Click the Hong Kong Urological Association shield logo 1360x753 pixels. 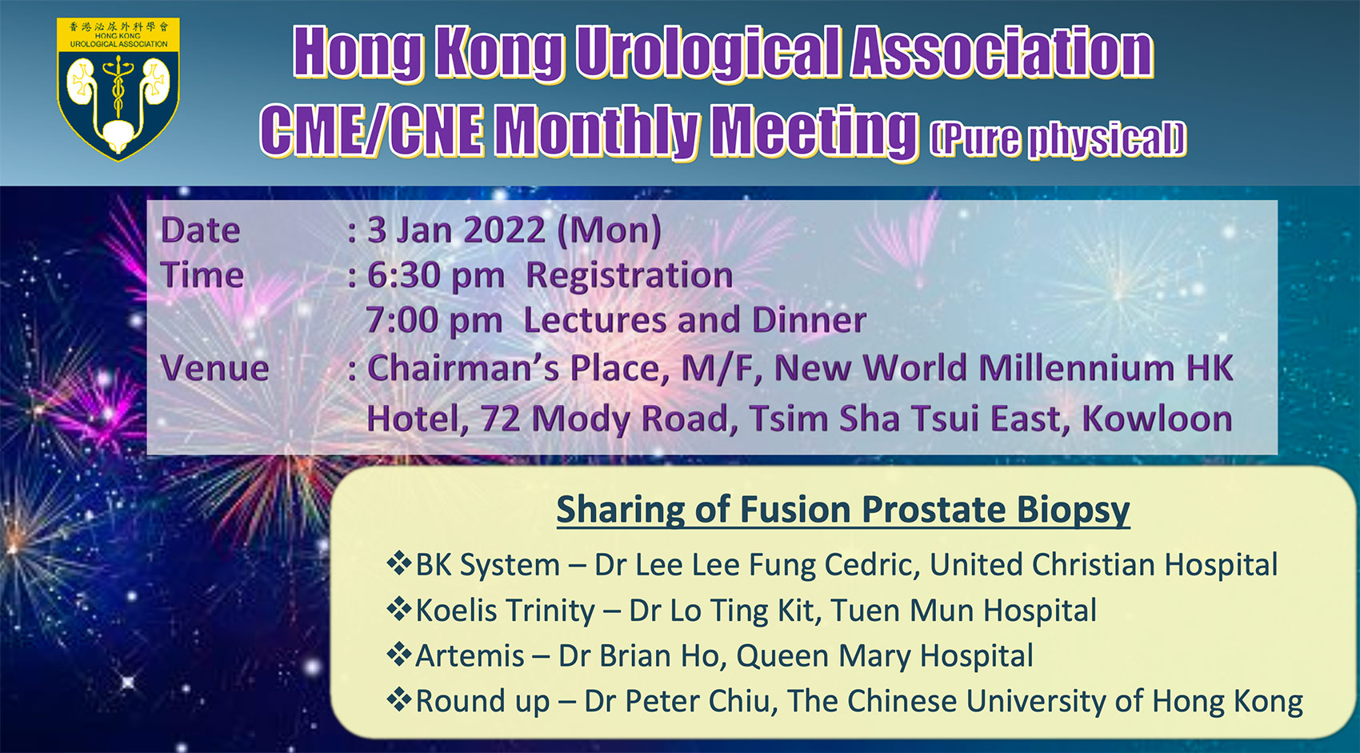[118, 90]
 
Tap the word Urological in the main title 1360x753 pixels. [707, 54]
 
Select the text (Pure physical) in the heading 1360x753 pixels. [1058, 140]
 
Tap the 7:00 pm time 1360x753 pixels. [434, 320]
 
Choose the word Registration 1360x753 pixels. [629, 276]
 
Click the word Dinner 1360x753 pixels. [810, 320]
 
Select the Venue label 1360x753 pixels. [214, 368]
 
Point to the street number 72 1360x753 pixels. [501, 419]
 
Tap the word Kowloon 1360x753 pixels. [1158, 419]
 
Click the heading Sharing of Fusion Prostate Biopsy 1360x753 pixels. [842, 510]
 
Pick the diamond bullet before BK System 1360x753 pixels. [399, 563]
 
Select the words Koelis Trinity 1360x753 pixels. [505, 611]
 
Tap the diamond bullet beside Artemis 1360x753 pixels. [399, 654]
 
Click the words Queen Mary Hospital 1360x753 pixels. [885, 656]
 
